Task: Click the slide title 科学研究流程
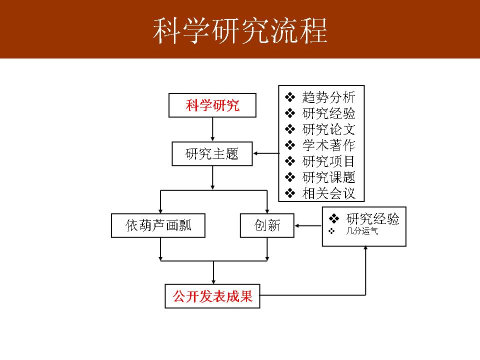tap(240, 31)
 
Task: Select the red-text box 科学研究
tap(213, 105)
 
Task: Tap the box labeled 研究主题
tap(212, 154)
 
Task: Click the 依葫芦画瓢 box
tap(158, 225)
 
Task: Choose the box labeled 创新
tap(267, 225)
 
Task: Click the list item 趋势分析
tap(328, 96)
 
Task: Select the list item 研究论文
tap(328, 129)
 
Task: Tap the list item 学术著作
tap(328, 145)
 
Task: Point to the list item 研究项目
tap(328, 161)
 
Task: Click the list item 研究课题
tap(328, 177)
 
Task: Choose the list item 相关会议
tap(328, 193)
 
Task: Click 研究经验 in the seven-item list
tap(328, 113)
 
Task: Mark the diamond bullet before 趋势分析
tap(290, 96)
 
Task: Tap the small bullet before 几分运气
tap(331, 231)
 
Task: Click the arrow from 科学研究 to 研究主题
tap(213, 129)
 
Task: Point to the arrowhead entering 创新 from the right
tap(297, 225)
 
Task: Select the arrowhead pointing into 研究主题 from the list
tap(256, 153)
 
